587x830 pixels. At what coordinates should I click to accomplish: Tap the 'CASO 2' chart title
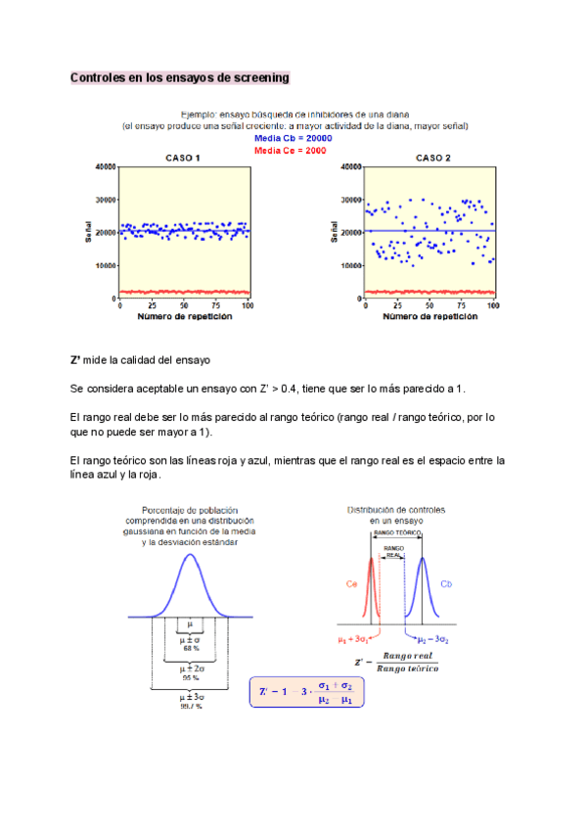[432, 159]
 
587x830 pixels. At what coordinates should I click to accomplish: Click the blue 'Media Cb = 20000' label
[293, 139]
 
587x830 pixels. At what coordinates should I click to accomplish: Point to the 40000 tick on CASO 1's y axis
[103, 167]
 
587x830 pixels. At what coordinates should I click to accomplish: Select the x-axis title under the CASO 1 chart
[184, 317]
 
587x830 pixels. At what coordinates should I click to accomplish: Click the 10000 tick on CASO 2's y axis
[348, 265]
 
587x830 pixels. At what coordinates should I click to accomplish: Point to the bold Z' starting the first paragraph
[75, 360]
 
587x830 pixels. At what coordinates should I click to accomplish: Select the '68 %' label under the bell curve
[190, 648]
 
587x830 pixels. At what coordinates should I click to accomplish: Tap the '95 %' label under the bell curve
[190, 677]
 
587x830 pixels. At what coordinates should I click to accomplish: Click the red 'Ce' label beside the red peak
[351, 583]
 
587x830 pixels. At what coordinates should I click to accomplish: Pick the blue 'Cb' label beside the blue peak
[446, 584]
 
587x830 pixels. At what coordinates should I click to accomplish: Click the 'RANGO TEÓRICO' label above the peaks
[397, 533]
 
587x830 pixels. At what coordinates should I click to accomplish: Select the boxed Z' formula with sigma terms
[305, 693]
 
